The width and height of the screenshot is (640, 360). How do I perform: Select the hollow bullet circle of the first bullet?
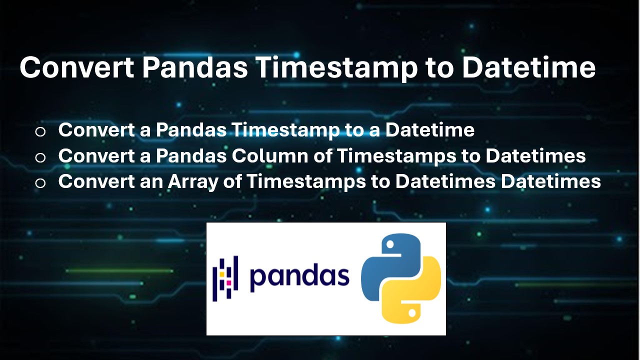point(40,131)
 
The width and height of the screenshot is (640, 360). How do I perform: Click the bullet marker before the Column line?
point(40,157)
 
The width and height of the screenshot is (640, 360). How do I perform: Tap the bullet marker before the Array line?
point(40,183)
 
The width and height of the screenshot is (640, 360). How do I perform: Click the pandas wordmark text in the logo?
point(299,276)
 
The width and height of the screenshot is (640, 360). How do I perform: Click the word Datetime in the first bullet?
point(430,130)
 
